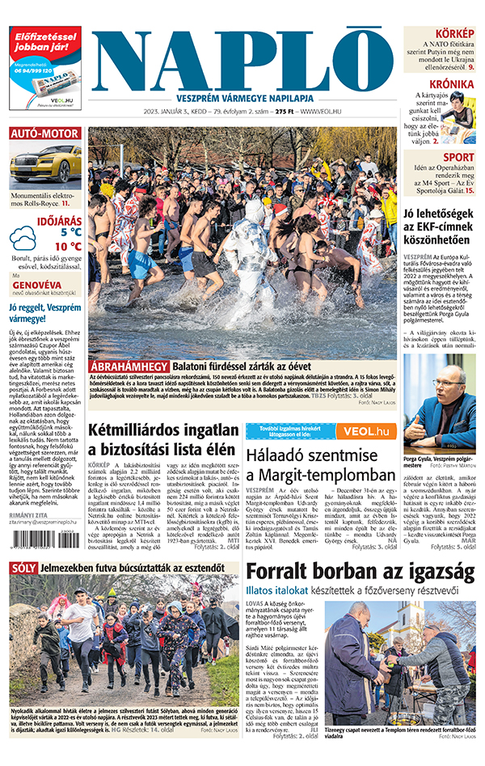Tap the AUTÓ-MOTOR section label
pyautogui.click(x=44, y=133)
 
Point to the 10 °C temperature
pyautogui.click(x=68, y=247)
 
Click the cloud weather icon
pyautogui.click(x=23, y=239)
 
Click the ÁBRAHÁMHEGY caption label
pyautogui.click(x=129, y=366)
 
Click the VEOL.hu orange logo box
pyautogui.click(x=365, y=431)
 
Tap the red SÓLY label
pyautogui.click(x=23, y=569)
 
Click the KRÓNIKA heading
pyautogui.click(x=451, y=84)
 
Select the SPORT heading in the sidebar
pyautogui.click(x=458, y=157)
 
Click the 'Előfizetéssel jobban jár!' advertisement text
pyautogui.click(x=44, y=48)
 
